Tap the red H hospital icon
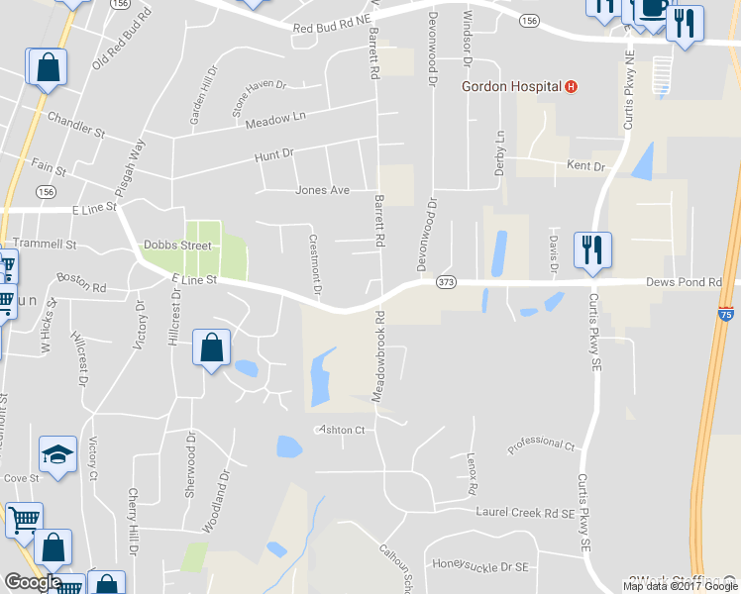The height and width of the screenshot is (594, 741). click(571, 86)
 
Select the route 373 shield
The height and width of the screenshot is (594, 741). click(446, 282)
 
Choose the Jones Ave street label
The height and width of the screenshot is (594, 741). click(322, 190)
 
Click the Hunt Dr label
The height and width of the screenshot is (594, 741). click(274, 154)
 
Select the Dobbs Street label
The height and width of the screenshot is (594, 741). click(177, 245)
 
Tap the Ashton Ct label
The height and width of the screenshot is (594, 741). click(341, 430)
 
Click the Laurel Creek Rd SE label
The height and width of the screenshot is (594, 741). click(524, 513)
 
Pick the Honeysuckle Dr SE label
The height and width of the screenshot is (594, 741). click(481, 565)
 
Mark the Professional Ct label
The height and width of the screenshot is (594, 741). click(541, 446)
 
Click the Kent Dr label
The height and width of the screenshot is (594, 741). click(584, 166)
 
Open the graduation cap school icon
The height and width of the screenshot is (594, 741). click(56, 454)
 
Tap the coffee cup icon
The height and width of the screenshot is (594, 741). click(652, 8)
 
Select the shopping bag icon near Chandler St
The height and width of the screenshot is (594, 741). click(47, 67)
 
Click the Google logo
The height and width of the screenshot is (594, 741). click(33, 582)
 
